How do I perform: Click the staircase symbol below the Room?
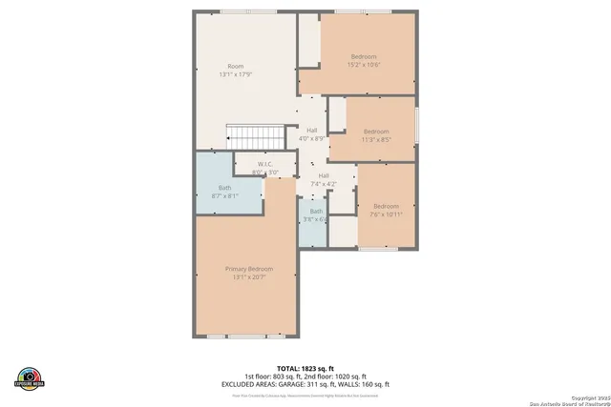tap(254, 137)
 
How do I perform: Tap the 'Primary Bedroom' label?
tap(249, 269)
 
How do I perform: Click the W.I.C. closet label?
tap(265, 164)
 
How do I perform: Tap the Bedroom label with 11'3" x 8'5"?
tap(376, 132)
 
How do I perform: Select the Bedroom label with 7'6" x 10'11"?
tap(386, 207)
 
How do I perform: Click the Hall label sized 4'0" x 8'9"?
tap(312, 131)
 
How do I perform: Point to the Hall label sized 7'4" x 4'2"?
tap(324, 176)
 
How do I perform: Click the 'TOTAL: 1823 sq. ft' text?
tap(305, 368)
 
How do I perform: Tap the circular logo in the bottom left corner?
tap(31, 377)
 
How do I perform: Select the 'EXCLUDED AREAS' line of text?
tap(305, 383)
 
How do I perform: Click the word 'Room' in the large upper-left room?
tap(235, 66)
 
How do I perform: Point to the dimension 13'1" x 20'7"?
tap(249, 277)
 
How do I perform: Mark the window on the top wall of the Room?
tap(248, 10)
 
